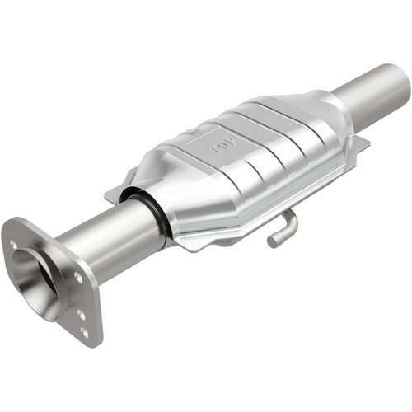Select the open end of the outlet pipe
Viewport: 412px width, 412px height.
(x=401, y=81)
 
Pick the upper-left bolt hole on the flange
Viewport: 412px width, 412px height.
(x=14, y=244)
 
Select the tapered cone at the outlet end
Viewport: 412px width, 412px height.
(x=330, y=107)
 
